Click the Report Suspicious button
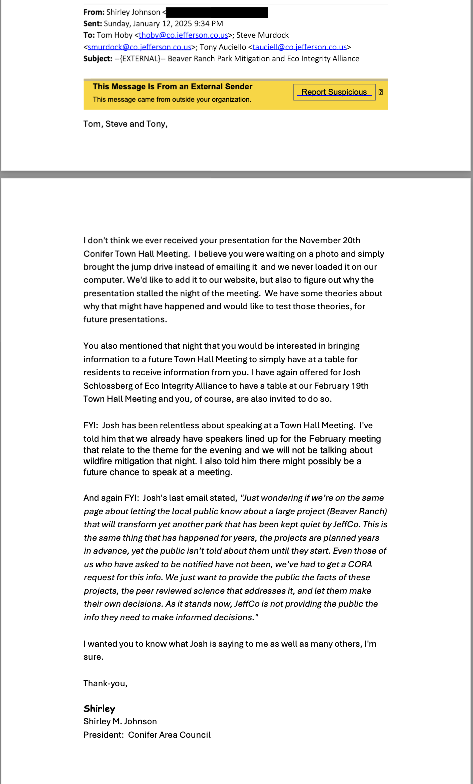(x=334, y=92)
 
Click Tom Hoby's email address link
(x=183, y=35)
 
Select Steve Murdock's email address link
(x=139, y=47)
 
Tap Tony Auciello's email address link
(x=299, y=47)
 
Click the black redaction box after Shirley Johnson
(x=217, y=12)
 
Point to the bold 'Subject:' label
(x=98, y=59)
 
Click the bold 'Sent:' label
(x=93, y=24)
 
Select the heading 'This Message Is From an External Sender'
(x=172, y=87)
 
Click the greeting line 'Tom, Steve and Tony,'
(x=125, y=124)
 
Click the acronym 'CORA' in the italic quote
(x=360, y=564)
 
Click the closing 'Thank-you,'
(x=105, y=684)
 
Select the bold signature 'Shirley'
(x=99, y=709)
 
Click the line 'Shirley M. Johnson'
(x=120, y=721)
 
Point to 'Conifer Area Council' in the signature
(x=169, y=735)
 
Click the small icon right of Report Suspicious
(x=381, y=92)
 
